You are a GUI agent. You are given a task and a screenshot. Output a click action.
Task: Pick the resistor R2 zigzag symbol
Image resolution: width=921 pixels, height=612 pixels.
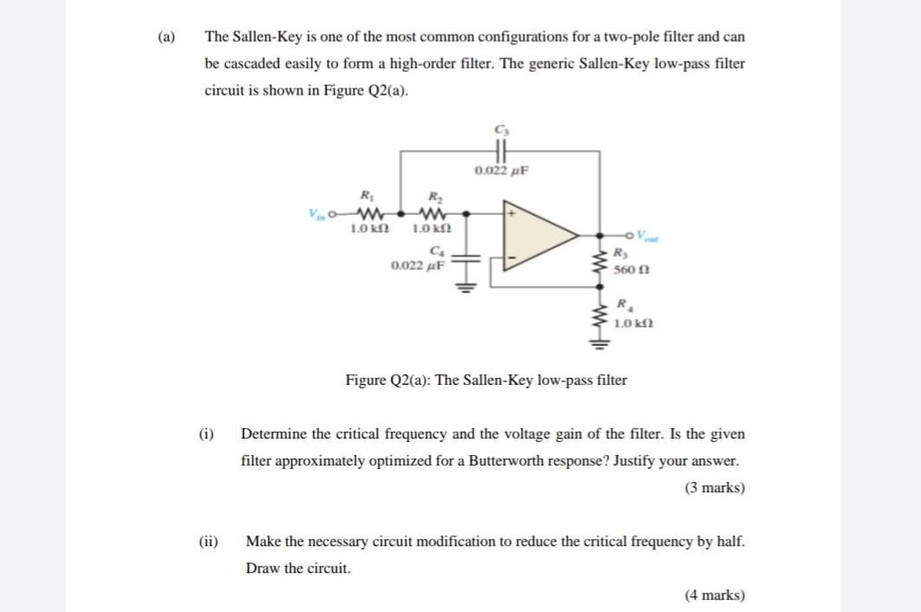tap(431, 212)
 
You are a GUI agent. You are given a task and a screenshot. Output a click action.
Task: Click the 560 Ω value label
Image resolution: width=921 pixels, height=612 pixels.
tap(629, 270)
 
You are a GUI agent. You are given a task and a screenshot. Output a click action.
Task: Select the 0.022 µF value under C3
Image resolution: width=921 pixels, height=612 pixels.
tap(501, 171)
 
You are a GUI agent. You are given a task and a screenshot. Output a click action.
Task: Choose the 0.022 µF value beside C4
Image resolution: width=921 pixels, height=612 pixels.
tap(418, 265)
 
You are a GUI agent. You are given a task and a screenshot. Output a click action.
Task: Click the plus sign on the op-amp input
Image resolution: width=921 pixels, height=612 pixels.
tap(513, 212)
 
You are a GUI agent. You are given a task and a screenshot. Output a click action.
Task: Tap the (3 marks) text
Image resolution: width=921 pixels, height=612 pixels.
tap(714, 487)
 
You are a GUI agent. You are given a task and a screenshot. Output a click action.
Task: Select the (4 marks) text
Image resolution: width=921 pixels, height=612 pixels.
tap(714, 595)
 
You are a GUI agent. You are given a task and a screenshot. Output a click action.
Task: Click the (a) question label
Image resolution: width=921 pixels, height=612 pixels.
tap(166, 37)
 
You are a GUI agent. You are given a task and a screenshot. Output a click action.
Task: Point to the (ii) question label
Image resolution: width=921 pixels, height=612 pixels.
tap(207, 541)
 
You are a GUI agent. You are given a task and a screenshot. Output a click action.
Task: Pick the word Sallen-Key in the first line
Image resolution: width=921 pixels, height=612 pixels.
tap(265, 37)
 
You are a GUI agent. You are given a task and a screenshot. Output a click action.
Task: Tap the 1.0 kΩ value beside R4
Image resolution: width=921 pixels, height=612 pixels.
tap(632, 323)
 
